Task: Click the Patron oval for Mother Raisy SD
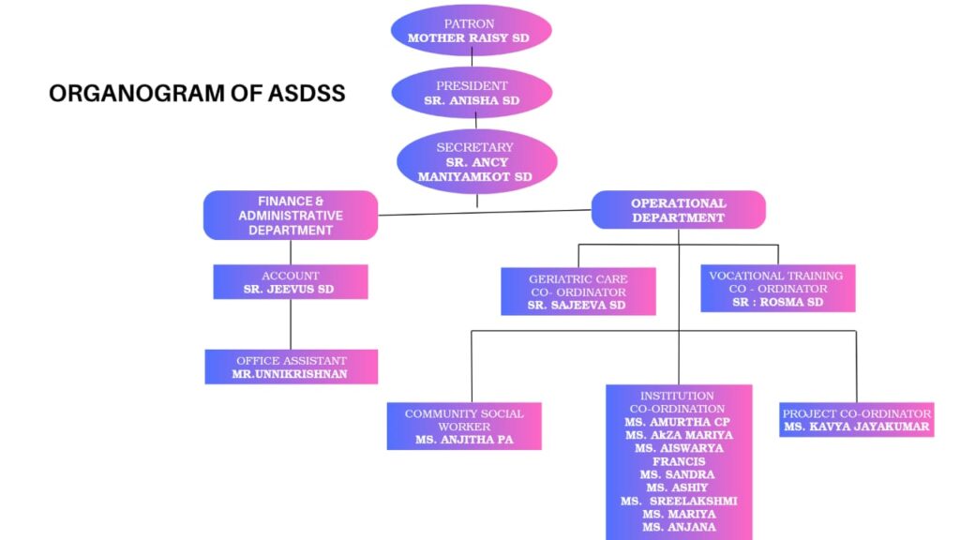tap(471, 30)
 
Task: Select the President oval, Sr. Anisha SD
tap(471, 92)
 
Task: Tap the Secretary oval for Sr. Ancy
tap(477, 161)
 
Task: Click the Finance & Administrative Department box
tap(291, 215)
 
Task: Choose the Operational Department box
tap(678, 210)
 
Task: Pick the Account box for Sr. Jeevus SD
tap(291, 282)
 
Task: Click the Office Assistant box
tap(291, 367)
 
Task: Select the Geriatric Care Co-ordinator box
tap(577, 292)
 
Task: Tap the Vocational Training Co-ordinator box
tap(777, 289)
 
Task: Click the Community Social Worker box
tap(464, 426)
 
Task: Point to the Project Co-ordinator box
tap(856, 420)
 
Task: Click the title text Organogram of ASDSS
tap(197, 94)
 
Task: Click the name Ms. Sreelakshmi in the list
tap(679, 501)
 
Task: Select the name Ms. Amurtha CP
tap(679, 422)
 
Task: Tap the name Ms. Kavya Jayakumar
tap(856, 427)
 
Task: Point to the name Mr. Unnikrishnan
tap(291, 373)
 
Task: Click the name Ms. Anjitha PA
tap(464, 439)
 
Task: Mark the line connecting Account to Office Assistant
tap(291, 324)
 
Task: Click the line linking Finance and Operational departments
tap(484, 212)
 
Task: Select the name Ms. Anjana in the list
tap(679, 527)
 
